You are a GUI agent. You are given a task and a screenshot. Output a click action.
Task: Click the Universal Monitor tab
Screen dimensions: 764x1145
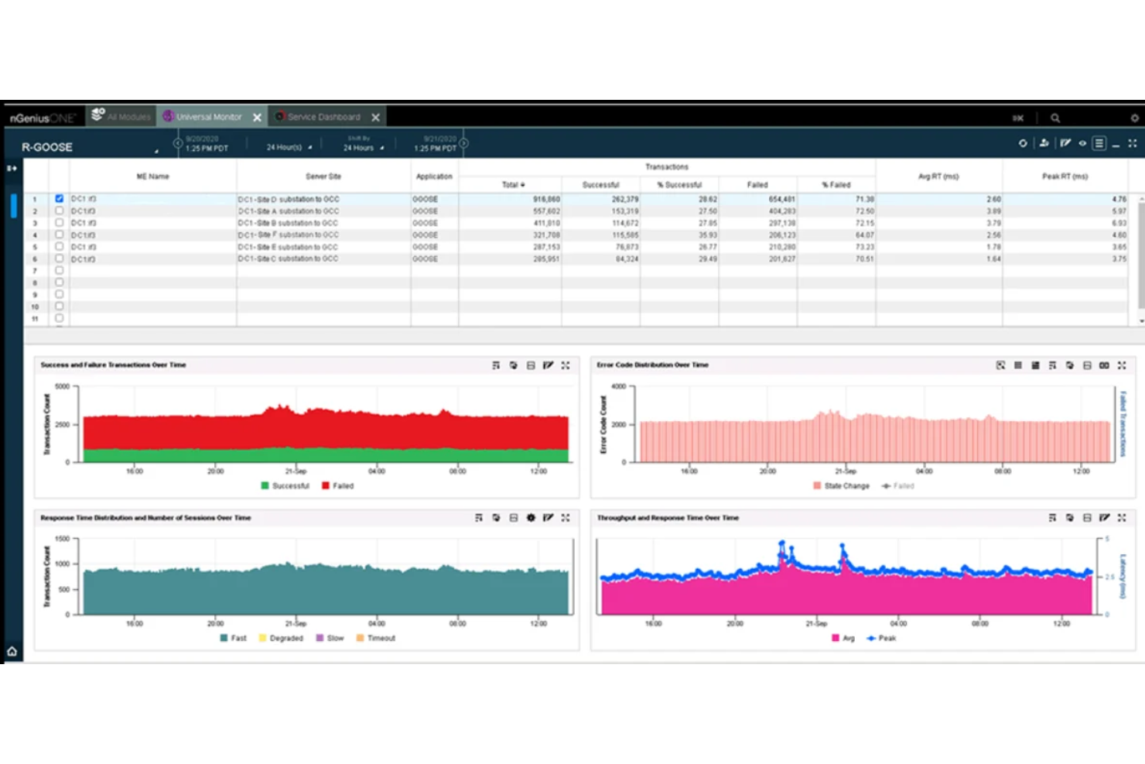click(208, 117)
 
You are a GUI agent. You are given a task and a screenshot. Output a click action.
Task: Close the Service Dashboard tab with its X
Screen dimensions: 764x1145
click(375, 117)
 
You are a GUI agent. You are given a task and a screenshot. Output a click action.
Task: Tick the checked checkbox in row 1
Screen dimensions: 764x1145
click(60, 199)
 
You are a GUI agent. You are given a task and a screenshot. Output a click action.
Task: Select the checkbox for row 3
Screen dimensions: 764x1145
click(60, 223)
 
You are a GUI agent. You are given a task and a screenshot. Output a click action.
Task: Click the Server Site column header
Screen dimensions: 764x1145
click(323, 176)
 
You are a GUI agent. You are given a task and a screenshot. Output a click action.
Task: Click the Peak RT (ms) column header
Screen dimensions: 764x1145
click(1065, 176)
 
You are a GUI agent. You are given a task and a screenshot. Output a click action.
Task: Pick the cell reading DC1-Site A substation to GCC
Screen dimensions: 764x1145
click(289, 211)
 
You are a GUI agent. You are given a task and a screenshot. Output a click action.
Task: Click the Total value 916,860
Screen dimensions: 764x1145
click(546, 199)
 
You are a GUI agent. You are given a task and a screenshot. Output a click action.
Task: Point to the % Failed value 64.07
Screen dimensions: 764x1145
click(864, 235)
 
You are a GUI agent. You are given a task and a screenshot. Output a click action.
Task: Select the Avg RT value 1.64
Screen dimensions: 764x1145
click(993, 259)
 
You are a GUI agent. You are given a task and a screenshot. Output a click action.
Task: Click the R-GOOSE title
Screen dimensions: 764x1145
click(47, 147)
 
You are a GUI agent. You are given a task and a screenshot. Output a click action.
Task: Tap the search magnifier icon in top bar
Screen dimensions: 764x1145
click(1055, 118)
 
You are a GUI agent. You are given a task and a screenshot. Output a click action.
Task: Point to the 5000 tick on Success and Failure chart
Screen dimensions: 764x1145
click(62, 386)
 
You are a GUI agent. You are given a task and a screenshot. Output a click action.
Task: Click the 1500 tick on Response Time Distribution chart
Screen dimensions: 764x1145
click(62, 539)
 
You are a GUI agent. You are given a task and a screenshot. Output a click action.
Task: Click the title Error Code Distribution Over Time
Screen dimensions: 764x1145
click(652, 365)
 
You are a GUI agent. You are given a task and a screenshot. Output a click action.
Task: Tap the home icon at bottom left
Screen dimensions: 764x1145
click(12, 651)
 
